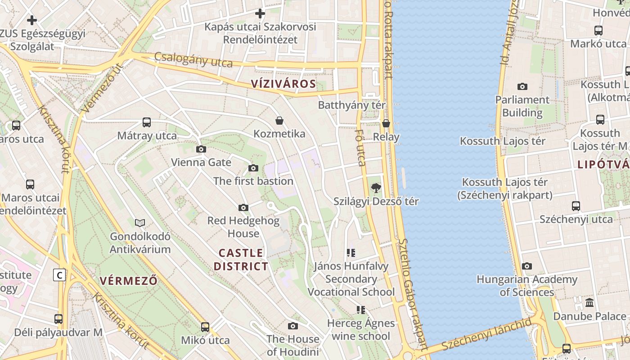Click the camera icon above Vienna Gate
(201, 149)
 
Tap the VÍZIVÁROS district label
(283, 84)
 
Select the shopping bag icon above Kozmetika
(279, 121)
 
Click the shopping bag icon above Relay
(386, 123)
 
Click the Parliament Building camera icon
(522, 86)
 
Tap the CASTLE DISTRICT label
(241, 260)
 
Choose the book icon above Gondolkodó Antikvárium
(140, 223)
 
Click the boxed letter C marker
(59, 274)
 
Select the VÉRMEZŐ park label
(129, 281)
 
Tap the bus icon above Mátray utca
(147, 122)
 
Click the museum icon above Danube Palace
(589, 302)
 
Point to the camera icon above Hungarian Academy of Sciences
(527, 266)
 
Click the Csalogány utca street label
(193, 60)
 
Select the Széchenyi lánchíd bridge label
(486, 335)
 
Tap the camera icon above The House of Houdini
(293, 326)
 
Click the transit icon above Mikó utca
(205, 327)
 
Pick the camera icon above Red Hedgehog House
(243, 207)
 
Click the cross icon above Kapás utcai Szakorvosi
(260, 13)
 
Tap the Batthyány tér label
(352, 105)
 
